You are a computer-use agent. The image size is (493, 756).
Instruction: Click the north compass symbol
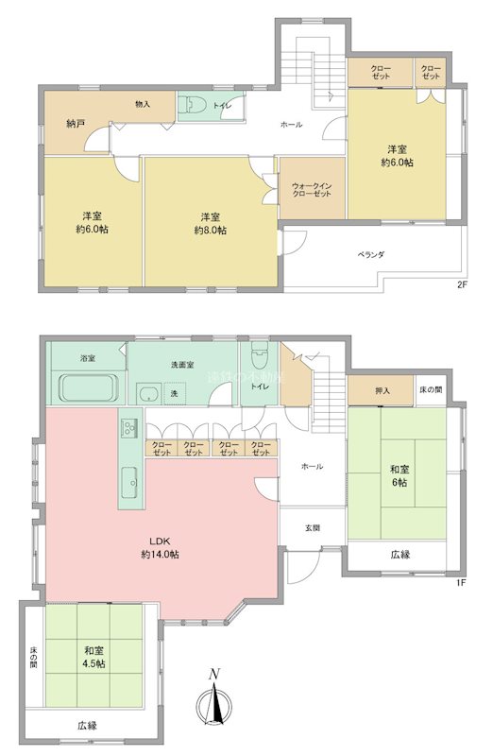(215, 699)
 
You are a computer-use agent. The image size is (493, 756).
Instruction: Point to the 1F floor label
(461, 583)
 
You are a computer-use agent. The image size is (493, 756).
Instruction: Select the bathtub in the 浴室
(88, 388)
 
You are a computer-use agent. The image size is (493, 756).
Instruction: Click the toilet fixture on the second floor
(191, 106)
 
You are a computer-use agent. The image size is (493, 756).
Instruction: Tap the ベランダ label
(371, 255)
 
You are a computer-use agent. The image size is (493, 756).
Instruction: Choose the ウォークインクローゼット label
(312, 188)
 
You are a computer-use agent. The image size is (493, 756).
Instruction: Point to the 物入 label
(143, 104)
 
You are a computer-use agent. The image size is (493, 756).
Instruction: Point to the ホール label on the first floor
(312, 467)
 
